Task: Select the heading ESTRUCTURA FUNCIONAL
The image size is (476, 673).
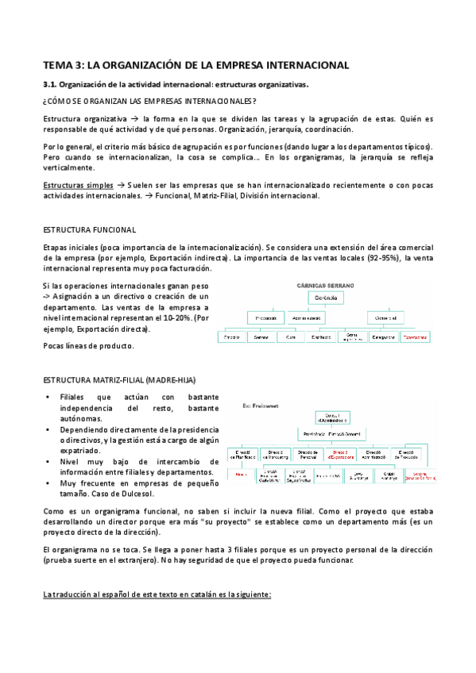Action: (89, 229)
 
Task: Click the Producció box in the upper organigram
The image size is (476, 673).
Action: (259, 317)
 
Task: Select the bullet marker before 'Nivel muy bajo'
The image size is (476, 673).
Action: (49, 461)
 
